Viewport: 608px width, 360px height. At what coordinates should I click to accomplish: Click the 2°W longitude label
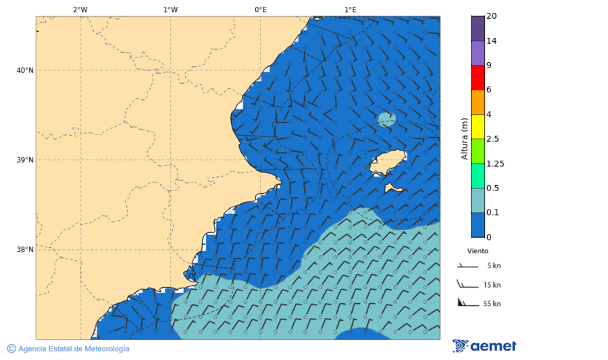click(80, 9)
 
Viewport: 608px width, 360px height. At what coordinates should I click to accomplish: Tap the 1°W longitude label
click(170, 9)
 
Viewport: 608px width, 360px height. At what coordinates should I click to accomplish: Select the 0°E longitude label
click(260, 9)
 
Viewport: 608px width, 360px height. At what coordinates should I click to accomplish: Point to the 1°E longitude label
click(351, 9)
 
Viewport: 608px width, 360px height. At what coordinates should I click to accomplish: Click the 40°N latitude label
click(25, 70)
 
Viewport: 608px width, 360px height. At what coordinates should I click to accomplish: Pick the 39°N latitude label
click(25, 160)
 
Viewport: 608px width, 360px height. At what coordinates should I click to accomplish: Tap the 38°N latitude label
click(25, 249)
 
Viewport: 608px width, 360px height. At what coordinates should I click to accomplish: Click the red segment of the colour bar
click(478, 78)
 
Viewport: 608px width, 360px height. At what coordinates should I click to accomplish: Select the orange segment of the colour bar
click(478, 102)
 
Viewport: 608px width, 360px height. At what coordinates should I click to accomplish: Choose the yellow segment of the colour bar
click(478, 126)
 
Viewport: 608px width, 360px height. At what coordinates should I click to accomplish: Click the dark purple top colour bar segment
click(478, 28)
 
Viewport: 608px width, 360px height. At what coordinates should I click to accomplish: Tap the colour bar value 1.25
click(495, 163)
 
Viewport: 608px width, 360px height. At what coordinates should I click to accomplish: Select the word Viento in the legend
click(478, 251)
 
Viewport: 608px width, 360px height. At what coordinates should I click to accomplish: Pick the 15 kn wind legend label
click(492, 284)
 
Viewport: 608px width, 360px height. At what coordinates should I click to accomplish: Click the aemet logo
click(484, 346)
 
